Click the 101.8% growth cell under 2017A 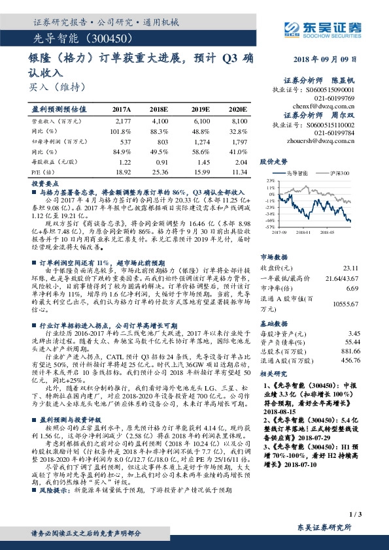click(x=122, y=131)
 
